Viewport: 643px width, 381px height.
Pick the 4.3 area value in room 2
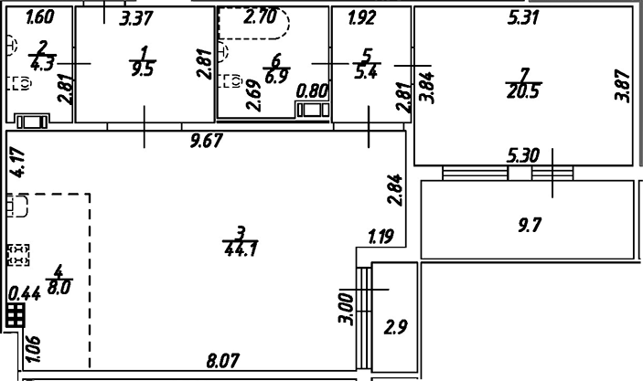41,65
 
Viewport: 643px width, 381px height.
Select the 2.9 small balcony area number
395,327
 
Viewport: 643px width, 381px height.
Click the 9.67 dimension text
207,141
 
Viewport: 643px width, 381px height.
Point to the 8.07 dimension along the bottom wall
222,362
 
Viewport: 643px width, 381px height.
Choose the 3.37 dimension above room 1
136,16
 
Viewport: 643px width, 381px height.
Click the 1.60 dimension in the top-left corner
39,16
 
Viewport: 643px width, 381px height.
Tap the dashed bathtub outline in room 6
252,25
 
